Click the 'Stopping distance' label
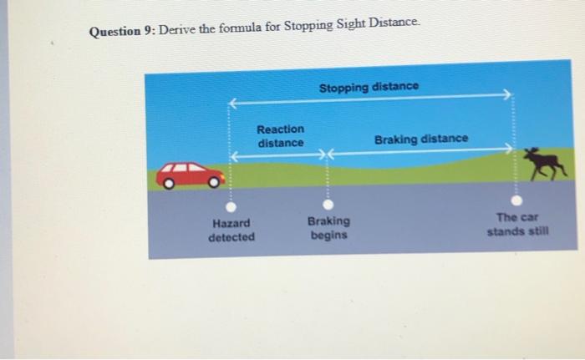(x=368, y=87)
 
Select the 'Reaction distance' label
(x=281, y=136)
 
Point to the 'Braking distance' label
(x=421, y=138)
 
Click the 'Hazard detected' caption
(x=231, y=231)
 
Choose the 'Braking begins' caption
(x=328, y=228)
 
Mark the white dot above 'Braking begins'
(x=328, y=203)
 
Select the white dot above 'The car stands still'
(x=517, y=200)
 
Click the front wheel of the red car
(x=216, y=180)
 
